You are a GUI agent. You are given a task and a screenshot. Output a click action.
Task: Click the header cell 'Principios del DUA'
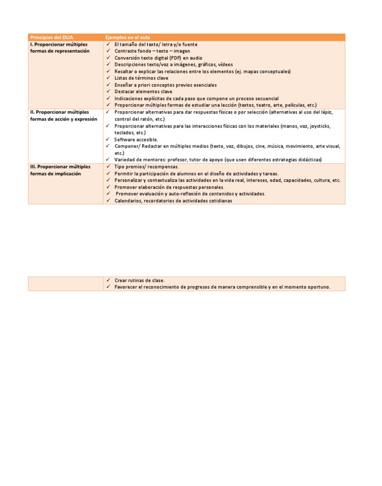coord(52,37)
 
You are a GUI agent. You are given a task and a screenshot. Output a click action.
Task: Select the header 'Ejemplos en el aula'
coord(127,37)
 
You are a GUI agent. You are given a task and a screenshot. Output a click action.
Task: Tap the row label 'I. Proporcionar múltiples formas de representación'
coord(60,48)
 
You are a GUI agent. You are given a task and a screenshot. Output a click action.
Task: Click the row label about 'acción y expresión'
coord(63,119)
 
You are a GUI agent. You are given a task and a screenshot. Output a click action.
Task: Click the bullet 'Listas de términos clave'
coord(141,78)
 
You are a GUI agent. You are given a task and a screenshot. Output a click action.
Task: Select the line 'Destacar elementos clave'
coord(143,92)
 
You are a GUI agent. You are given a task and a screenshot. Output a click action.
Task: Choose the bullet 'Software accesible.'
coord(136,139)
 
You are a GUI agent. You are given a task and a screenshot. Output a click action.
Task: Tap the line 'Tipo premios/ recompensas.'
coord(146,167)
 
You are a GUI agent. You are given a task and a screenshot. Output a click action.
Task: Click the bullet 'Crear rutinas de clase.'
coord(139,280)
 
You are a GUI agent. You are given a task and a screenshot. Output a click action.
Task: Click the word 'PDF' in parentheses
coord(176,58)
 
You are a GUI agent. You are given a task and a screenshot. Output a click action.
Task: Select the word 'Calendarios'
coord(127,201)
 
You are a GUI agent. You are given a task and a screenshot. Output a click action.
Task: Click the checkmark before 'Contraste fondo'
coord(108,51)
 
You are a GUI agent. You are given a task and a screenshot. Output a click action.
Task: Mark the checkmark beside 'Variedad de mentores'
coord(108,160)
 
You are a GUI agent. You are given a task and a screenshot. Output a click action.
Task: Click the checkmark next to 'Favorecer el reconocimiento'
coord(108,287)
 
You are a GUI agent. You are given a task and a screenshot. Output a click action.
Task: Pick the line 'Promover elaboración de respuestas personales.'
coord(169,187)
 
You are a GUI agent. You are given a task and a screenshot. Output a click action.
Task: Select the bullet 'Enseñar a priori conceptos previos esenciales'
coord(166,85)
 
